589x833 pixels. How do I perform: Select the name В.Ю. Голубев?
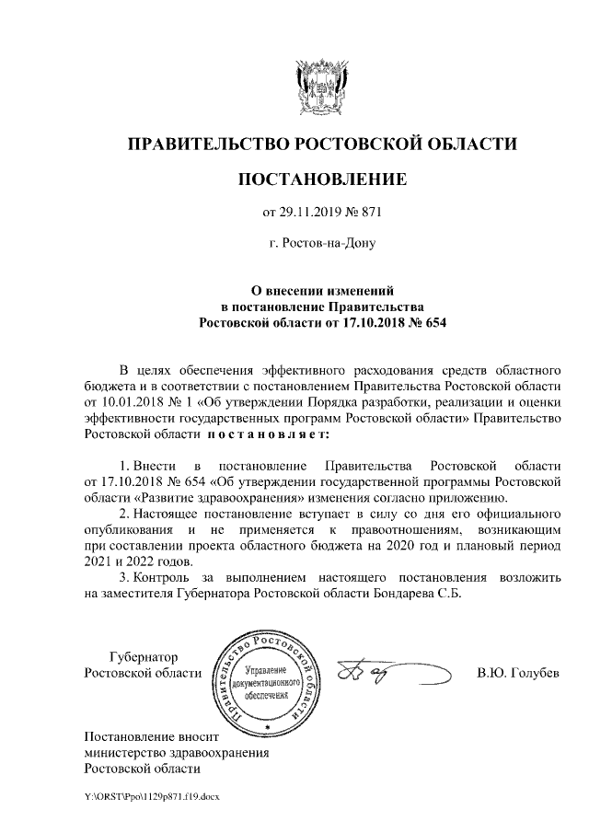pyautogui.click(x=518, y=673)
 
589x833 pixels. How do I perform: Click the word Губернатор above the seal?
pyautogui.click(x=144, y=657)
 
